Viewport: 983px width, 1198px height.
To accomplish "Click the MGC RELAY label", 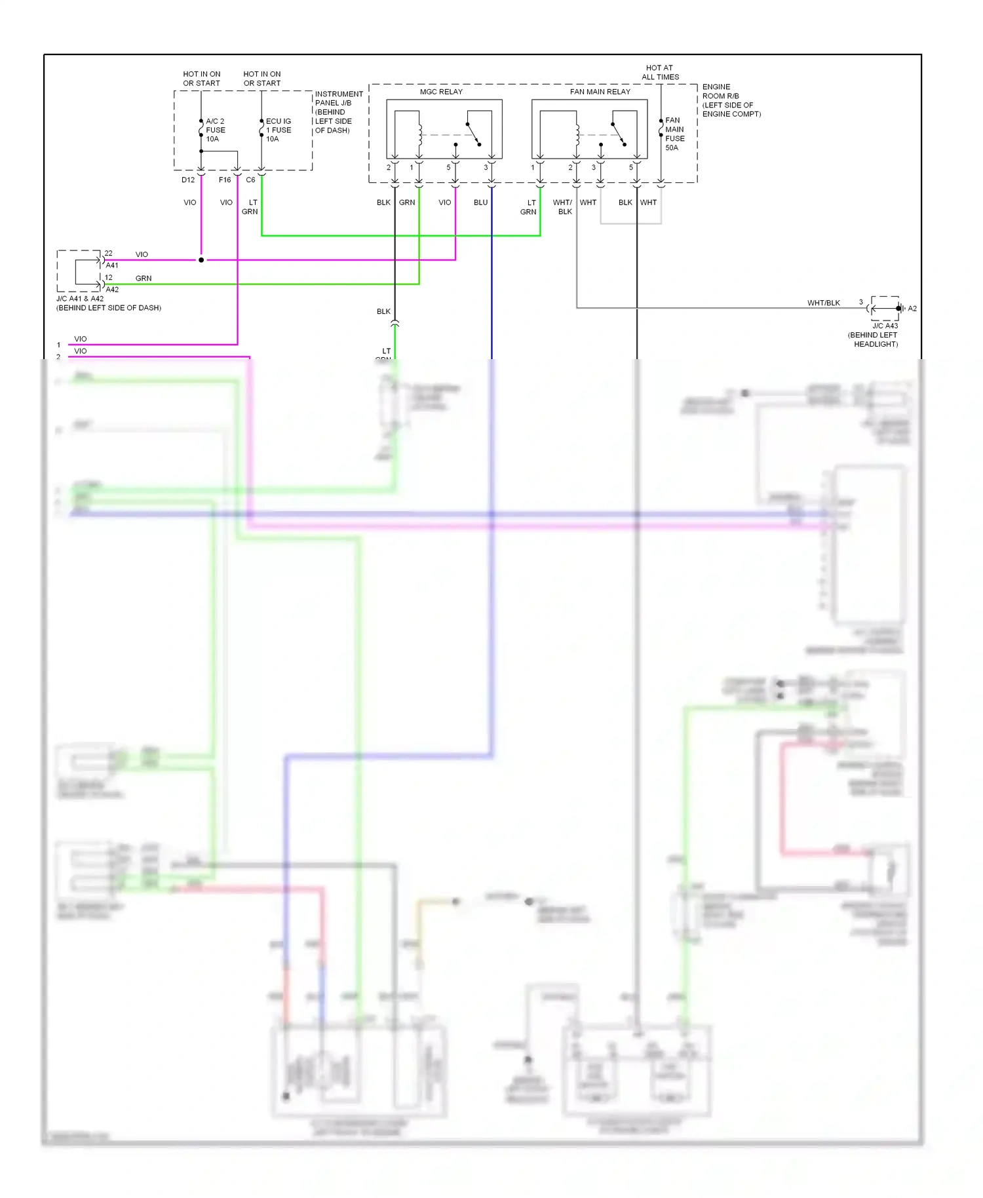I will coord(441,92).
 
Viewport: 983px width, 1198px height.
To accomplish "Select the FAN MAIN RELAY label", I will coord(600,92).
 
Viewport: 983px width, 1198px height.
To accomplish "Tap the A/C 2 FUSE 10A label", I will coord(216,130).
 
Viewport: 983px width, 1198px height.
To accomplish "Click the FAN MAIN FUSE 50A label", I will coord(675,134).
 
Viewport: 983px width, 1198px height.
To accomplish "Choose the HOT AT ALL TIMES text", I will coord(660,72).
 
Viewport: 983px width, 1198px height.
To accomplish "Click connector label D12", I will coord(188,180).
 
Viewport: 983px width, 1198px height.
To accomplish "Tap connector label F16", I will coord(225,180).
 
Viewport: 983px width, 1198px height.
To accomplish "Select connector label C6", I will coord(250,180).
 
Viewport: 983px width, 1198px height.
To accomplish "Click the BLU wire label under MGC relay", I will coord(480,203).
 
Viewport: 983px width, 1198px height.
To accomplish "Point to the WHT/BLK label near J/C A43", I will coord(823,303).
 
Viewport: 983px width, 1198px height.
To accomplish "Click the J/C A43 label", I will coord(885,326).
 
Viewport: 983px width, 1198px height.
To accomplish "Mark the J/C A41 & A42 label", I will coord(80,299).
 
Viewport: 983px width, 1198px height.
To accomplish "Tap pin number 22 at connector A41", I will coord(109,254).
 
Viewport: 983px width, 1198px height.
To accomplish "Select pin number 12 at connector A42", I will coord(109,278).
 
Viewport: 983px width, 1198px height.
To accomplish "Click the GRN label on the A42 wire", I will coord(144,279).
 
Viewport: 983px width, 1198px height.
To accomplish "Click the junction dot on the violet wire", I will coord(201,260).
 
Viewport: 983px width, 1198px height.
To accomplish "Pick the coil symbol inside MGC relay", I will coord(420,135).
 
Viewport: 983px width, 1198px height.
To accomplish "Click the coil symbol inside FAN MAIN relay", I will coord(577,135).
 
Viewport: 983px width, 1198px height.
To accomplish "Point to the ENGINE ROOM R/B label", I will coord(721,91).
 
